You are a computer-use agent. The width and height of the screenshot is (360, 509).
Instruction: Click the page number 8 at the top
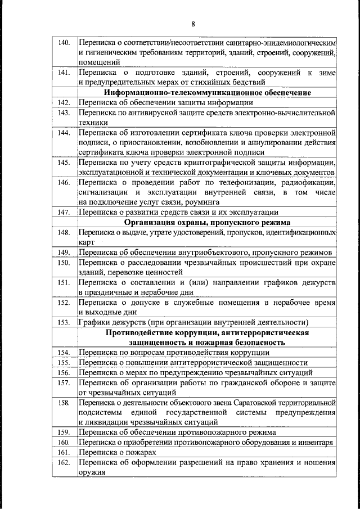tap(192, 24)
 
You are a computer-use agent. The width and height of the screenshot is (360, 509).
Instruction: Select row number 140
tap(64, 43)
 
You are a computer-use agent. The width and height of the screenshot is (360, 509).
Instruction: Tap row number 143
tap(64, 113)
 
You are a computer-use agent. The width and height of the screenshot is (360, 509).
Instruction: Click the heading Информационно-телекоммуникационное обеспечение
tap(208, 93)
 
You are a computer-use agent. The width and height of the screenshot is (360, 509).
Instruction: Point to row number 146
tap(64, 182)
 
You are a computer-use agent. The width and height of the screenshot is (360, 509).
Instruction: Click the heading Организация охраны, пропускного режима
tap(208, 222)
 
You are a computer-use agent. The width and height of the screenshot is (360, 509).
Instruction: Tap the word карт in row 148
tap(86, 242)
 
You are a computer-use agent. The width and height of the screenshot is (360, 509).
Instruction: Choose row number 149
tap(64, 252)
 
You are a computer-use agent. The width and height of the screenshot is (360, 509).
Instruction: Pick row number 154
tap(64, 352)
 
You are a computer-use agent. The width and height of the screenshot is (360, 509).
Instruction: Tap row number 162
tap(64, 462)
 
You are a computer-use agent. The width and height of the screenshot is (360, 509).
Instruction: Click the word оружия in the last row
tap(91, 472)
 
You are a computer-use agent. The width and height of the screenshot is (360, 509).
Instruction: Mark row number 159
tap(64, 432)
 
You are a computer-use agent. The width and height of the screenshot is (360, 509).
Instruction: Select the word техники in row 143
tap(92, 123)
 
